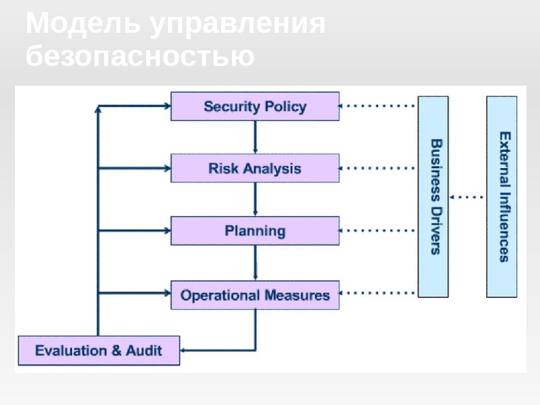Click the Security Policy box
click(255, 107)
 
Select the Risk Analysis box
click(255, 168)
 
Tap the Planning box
click(255, 231)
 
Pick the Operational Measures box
click(255, 295)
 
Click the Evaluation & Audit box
click(99, 351)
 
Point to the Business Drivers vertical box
click(433, 197)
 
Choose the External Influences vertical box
click(502, 197)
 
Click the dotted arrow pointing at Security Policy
click(377, 106)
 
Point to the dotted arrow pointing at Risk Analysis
click(377, 167)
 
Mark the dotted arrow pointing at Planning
click(377, 231)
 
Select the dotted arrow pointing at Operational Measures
click(377, 293)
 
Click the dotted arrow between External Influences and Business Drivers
click(467, 197)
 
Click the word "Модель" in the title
click(83, 25)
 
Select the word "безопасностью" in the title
click(140, 56)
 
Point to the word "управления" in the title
click(237, 25)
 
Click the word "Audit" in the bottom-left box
click(144, 351)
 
